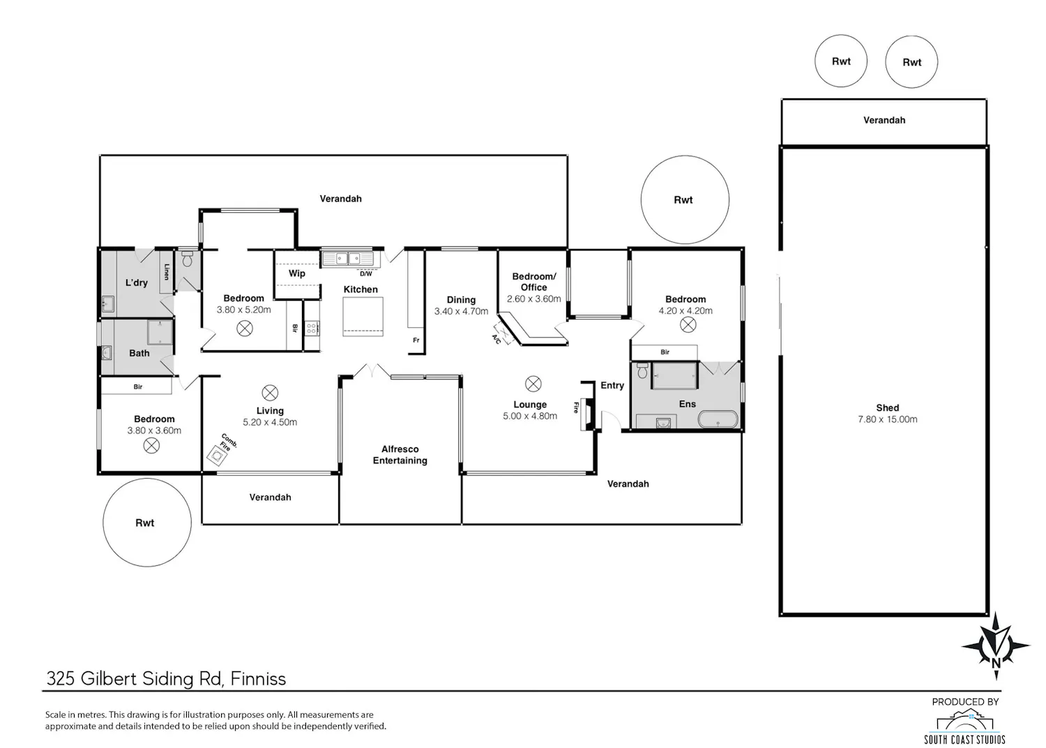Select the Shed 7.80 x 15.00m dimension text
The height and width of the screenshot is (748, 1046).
pos(887,419)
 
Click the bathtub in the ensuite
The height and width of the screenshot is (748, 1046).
pos(718,419)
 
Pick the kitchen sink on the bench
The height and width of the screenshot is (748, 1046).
pos(348,258)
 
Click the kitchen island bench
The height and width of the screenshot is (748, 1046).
pos(363,316)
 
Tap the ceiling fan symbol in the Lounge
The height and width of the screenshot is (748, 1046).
pos(533,384)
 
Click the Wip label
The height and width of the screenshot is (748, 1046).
pos(297,273)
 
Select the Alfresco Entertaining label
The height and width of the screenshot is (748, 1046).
pos(400,455)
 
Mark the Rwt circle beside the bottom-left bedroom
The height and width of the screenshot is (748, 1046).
pos(147,522)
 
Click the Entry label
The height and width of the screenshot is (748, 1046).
pos(612,385)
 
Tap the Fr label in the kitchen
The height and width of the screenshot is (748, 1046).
pos(416,340)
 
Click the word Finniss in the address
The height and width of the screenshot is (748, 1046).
pos(258,678)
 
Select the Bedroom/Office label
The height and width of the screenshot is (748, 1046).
pos(533,282)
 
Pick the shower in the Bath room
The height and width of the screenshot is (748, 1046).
pos(160,332)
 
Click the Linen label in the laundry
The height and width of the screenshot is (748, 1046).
pos(166,272)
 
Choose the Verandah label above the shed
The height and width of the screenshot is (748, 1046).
pos(884,120)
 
